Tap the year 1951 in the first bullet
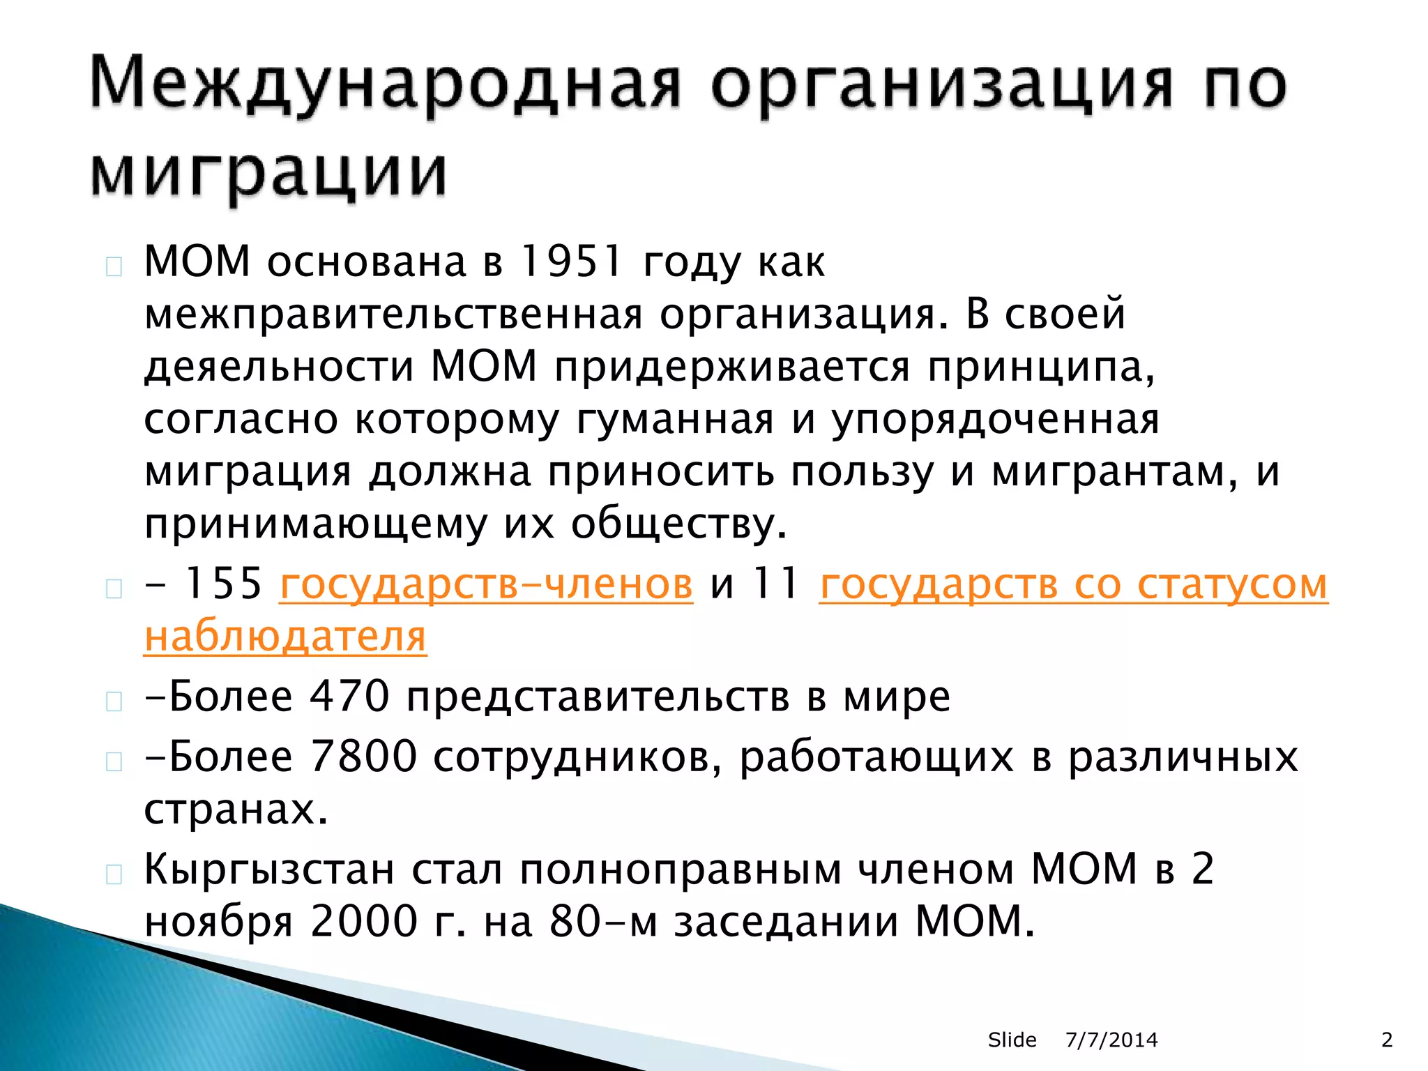click(571, 262)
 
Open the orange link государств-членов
click(486, 584)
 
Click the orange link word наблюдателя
click(285, 637)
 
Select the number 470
click(349, 696)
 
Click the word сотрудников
click(578, 757)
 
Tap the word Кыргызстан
click(269, 869)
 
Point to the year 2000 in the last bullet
click(363, 922)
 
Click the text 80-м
click(603, 922)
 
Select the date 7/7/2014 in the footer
click(1111, 1040)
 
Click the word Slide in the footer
click(1012, 1040)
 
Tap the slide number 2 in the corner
click(1387, 1040)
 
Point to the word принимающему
click(315, 524)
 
